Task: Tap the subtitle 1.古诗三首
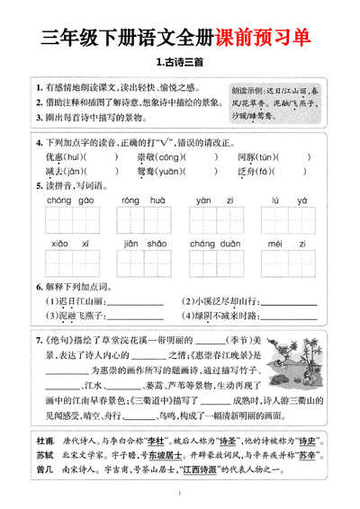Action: [180, 62]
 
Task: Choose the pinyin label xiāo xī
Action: [59, 244]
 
